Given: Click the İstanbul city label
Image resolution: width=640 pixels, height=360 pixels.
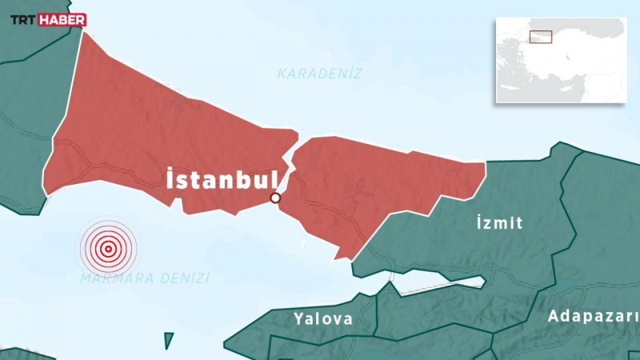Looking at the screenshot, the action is coord(221,181).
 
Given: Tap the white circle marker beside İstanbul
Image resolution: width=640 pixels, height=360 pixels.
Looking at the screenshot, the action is coord(275,198).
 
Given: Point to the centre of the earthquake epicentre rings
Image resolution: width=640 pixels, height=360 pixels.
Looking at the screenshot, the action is coord(107,248).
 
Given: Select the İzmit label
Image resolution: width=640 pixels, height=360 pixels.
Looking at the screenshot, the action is coord(498,222).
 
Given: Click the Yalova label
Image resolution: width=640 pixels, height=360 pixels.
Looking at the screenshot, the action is coord(322,319).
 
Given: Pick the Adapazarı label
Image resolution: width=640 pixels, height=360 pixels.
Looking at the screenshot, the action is coord(593,317).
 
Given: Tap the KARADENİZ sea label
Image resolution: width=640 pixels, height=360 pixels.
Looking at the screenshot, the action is coord(320,74).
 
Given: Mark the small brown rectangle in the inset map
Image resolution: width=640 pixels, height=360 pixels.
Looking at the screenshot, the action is coord(542,37).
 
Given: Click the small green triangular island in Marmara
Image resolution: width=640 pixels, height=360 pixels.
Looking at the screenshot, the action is coord(169,341).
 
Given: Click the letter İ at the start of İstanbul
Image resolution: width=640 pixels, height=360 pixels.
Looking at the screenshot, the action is coord(170,179).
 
